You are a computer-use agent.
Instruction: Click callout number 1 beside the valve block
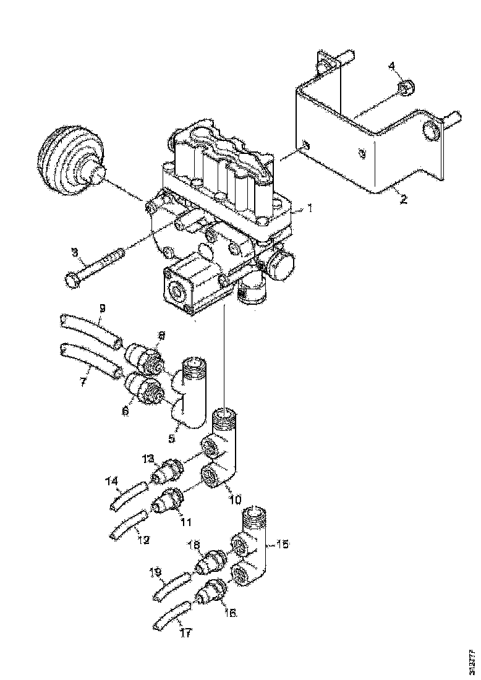click(309, 209)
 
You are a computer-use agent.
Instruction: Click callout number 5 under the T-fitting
click(172, 438)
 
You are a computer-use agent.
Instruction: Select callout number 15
click(282, 545)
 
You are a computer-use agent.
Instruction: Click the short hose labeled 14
click(129, 496)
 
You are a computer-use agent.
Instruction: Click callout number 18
click(194, 544)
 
